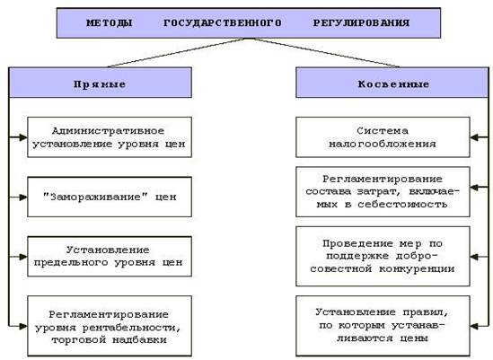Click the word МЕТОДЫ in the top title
click(x=109, y=23)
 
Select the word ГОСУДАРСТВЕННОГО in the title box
click(x=223, y=23)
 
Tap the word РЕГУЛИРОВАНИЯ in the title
click(x=361, y=23)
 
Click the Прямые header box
click(x=101, y=83)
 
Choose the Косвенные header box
click(x=392, y=83)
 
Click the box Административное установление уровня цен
click(x=110, y=137)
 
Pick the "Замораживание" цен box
click(x=110, y=197)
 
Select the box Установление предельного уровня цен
click(x=110, y=257)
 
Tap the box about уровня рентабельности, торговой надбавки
click(x=110, y=326)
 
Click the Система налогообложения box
click(x=383, y=137)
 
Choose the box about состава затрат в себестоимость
click(x=383, y=192)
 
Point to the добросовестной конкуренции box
click(x=383, y=256)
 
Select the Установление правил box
click(x=383, y=326)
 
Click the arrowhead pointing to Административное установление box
click(x=23, y=137)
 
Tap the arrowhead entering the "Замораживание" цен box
click(x=23, y=197)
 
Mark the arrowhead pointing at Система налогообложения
click(x=474, y=137)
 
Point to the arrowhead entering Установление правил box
click(x=474, y=326)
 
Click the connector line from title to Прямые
click(x=178, y=52)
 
